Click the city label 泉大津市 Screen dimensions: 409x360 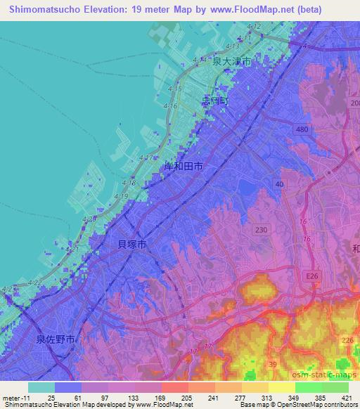pyautogui.click(x=233, y=62)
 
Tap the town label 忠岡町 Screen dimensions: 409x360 pyautogui.click(x=215, y=101)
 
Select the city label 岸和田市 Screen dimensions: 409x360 pyautogui.click(x=184, y=167)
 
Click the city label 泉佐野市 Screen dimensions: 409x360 pyautogui.click(x=56, y=339)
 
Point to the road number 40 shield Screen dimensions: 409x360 pyautogui.click(x=279, y=183)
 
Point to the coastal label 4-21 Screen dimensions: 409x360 pyautogui.click(x=72, y=249)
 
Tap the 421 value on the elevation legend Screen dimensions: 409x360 pyautogui.click(x=347, y=397)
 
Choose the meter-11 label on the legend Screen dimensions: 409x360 pyautogui.click(x=14, y=397)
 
